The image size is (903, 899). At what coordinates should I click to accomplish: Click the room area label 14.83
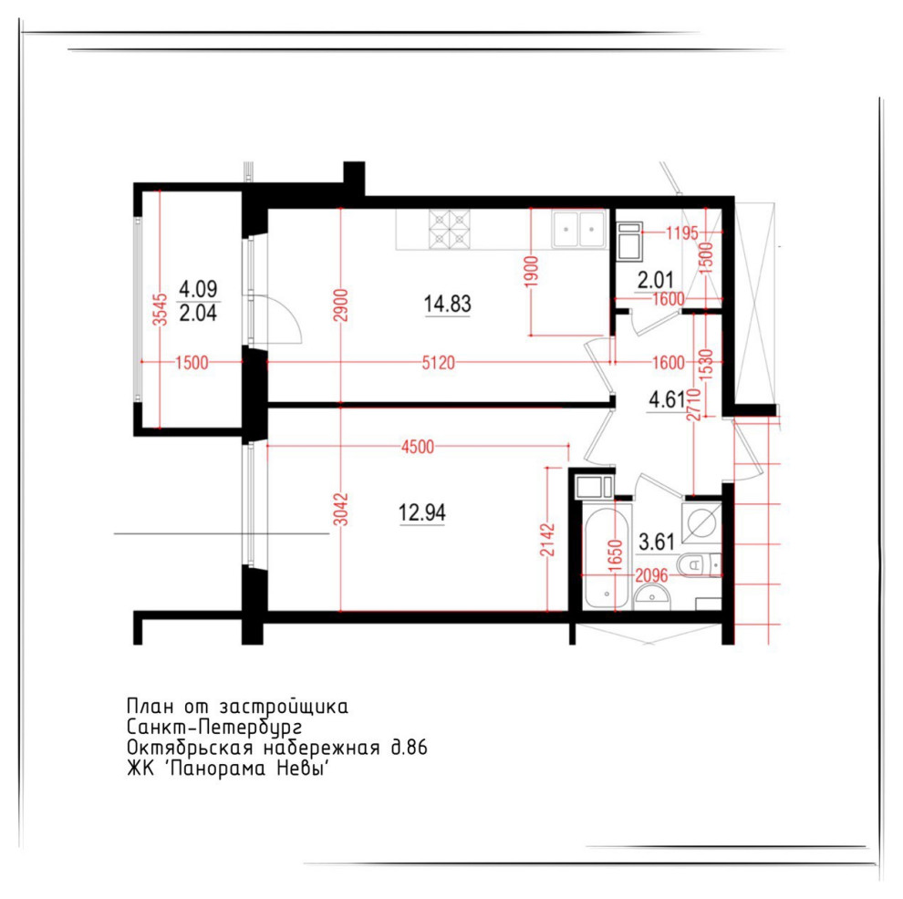(x=448, y=304)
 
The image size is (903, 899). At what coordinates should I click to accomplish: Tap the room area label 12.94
(x=422, y=511)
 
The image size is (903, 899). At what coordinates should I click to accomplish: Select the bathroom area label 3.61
(x=657, y=542)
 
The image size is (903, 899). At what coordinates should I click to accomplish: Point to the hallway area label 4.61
(x=667, y=398)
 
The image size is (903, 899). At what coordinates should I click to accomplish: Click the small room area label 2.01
(x=656, y=280)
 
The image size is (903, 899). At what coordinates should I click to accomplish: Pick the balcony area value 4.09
(x=198, y=288)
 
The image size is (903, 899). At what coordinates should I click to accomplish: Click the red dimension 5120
(x=438, y=363)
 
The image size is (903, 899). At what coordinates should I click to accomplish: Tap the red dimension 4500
(x=418, y=447)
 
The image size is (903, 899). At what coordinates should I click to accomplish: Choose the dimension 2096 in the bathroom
(x=651, y=575)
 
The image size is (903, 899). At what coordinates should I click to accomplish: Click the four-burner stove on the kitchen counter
(x=449, y=229)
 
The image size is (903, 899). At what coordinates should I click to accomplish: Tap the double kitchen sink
(x=577, y=229)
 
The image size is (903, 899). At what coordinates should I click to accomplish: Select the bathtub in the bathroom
(x=607, y=556)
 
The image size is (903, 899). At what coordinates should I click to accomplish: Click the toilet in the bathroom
(x=698, y=565)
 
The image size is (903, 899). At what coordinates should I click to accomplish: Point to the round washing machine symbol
(x=701, y=522)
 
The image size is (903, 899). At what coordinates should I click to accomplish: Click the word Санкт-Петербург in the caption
(x=214, y=728)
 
